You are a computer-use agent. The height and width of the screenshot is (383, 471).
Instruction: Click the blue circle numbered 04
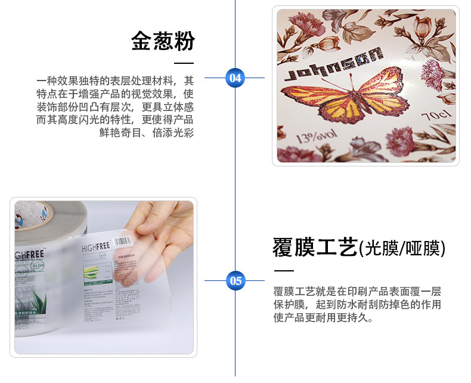click(235, 78)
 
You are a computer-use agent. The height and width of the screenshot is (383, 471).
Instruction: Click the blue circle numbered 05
click(235, 280)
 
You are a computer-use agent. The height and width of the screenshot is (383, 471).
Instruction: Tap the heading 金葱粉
click(163, 41)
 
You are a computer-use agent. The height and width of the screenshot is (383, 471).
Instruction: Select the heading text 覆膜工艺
click(315, 246)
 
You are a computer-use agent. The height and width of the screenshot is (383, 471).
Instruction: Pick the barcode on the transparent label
click(123, 242)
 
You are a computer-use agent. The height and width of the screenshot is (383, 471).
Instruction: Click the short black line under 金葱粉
click(184, 63)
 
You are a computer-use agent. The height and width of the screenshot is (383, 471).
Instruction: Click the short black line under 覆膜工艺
click(283, 270)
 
